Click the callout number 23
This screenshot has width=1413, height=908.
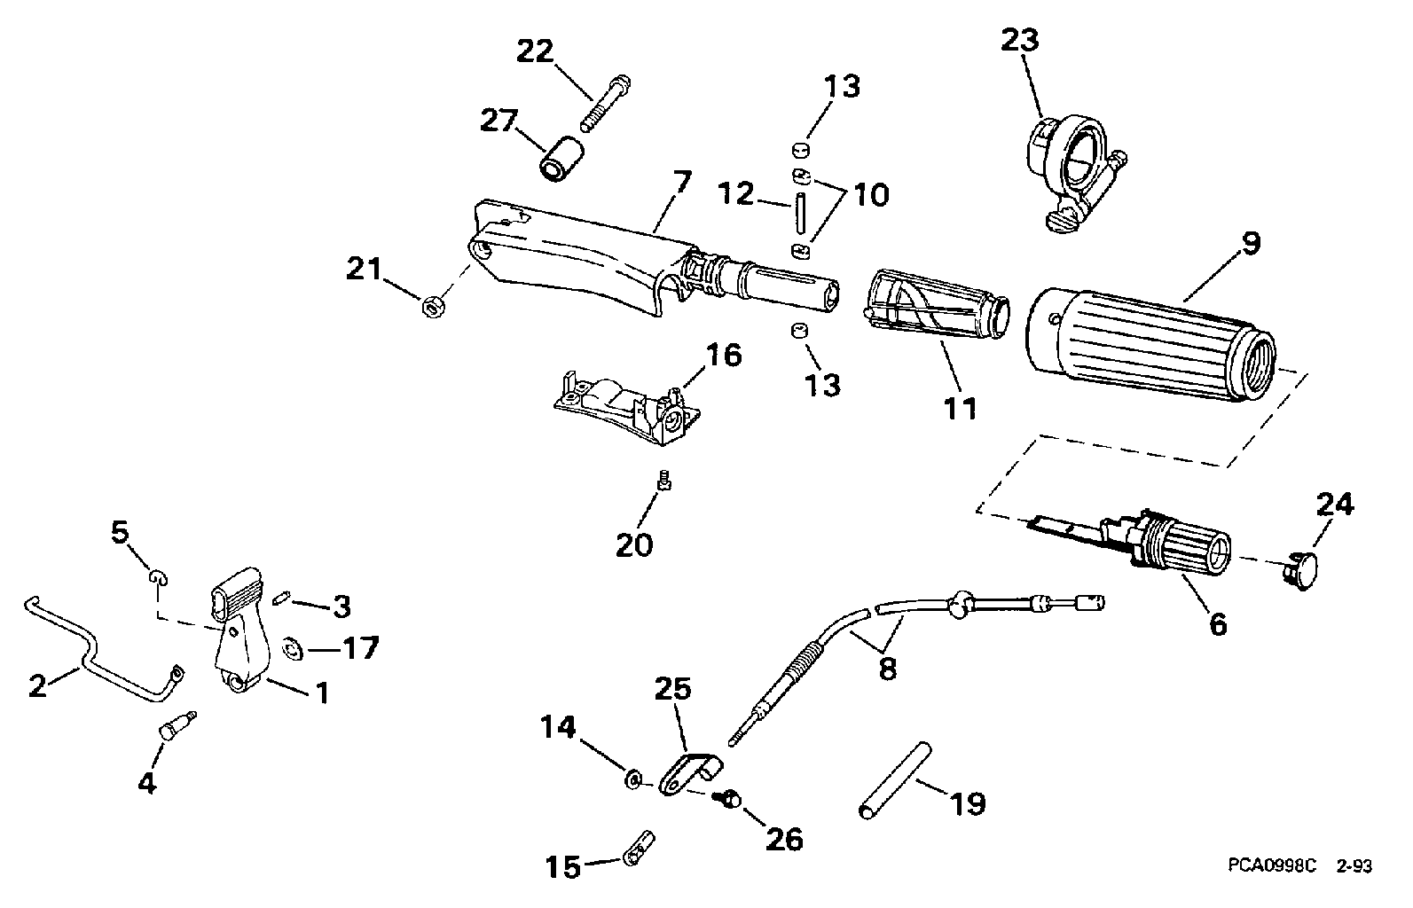1020,40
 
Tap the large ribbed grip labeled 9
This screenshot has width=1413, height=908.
1150,347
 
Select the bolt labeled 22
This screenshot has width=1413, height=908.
606,104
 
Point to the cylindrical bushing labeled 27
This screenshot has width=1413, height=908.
561,160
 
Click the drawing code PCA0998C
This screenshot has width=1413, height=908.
1272,865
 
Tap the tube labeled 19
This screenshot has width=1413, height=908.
895,780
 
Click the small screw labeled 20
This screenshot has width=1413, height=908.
664,481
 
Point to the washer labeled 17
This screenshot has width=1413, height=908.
293,649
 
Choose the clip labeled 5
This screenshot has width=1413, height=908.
158,577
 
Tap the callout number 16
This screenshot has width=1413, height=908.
724,356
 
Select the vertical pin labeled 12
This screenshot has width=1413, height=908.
800,215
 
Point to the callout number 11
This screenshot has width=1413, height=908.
960,409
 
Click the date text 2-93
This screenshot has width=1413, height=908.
1354,865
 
